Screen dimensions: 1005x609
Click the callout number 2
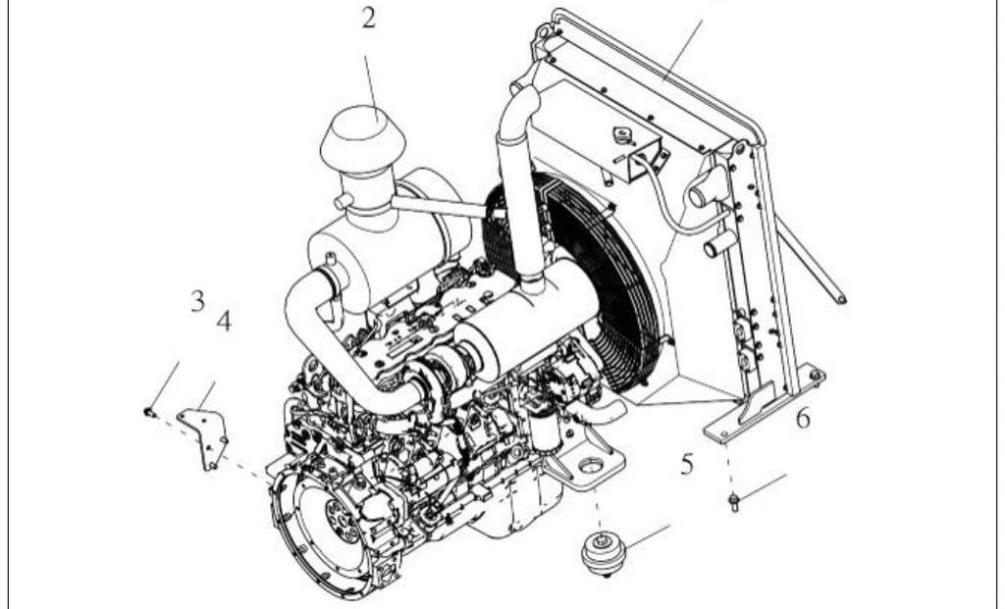pyautogui.click(x=369, y=18)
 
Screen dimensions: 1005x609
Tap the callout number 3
pyautogui.click(x=198, y=300)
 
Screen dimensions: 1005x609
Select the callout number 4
pyautogui.click(x=224, y=320)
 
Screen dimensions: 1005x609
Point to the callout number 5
pyautogui.click(x=687, y=464)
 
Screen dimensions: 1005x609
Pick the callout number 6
pyautogui.click(x=803, y=419)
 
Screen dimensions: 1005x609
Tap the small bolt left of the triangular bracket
pyautogui.click(x=150, y=413)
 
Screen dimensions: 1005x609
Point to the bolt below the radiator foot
pyautogui.click(x=734, y=501)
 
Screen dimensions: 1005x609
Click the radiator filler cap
pyautogui.click(x=621, y=135)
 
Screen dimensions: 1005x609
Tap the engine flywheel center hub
pyautogui.click(x=340, y=520)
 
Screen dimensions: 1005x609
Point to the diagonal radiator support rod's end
pyautogui.click(x=841, y=298)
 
